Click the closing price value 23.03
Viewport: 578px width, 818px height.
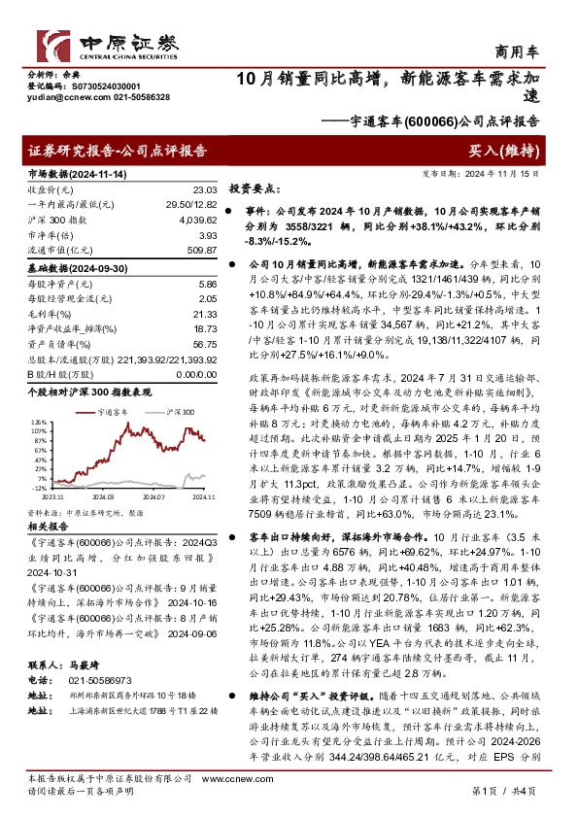pos(204,189)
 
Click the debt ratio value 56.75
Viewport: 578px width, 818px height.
pos(204,343)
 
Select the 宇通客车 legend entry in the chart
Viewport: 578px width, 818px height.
pos(117,412)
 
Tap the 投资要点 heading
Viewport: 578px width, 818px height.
pos(255,189)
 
